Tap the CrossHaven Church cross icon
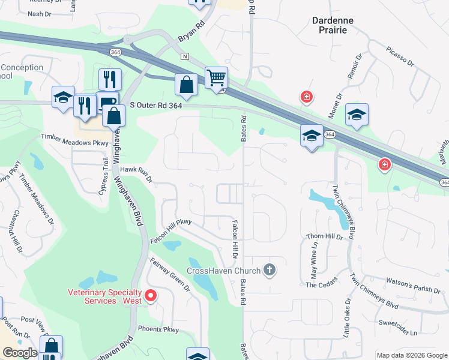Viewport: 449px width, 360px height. [x=270, y=270]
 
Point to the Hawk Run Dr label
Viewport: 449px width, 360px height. [x=137, y=174]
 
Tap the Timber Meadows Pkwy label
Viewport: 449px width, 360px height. [x=74, y=140]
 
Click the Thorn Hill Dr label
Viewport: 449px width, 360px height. [x=324, y=237]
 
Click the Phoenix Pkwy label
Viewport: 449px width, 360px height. [x=158, y=329]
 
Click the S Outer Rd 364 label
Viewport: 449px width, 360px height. [x=155, y=105]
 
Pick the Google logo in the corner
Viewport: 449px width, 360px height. [x=20, y=353]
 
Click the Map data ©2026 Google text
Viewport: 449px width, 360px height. [x=412, y=355]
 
